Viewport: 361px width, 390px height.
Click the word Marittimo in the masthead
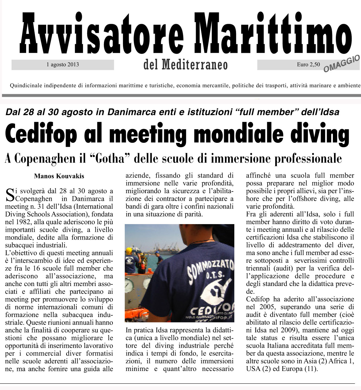pyautogui.click(x=274, y=34)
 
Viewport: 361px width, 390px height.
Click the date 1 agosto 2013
pyautogui.click(x=63, y=65)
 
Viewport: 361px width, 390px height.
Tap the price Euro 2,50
pyautogui.click(x=308, y=65)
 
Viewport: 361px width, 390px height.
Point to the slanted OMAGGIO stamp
pyautogui.click(x=341, y=63)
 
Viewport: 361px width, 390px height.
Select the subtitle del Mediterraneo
pyautogui.click(x=185, y=65)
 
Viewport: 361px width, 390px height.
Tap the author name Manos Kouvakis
pyautogui.click(x=59, y=176)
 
